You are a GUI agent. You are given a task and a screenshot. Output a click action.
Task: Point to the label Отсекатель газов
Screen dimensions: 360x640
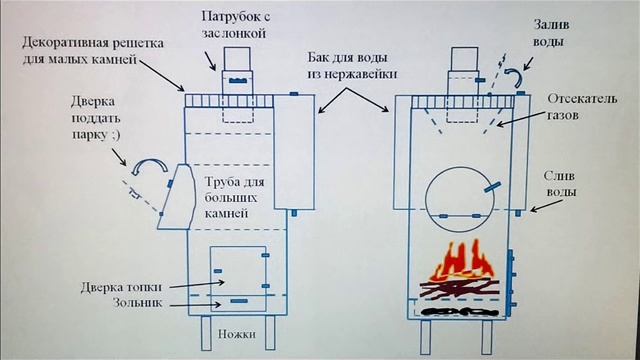click(x=575, y=109)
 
